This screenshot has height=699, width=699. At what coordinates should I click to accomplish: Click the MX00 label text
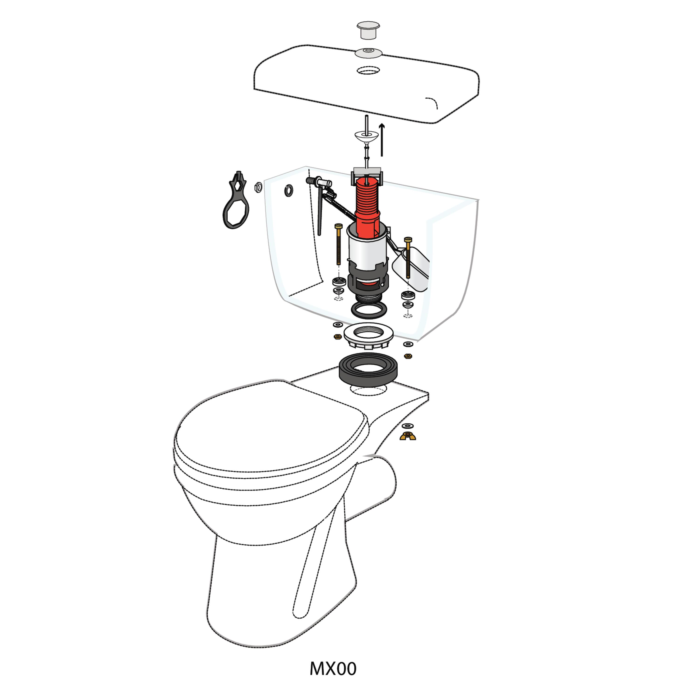[333, 669]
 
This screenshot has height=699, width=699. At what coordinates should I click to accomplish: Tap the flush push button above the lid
[368, 30]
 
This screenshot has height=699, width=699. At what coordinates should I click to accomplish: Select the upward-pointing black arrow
[382, 140]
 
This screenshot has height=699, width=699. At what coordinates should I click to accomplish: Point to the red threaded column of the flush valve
[367, 206]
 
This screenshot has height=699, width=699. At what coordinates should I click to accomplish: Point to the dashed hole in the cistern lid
[368, 70]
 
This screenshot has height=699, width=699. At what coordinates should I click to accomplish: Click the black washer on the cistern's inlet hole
[289, 190]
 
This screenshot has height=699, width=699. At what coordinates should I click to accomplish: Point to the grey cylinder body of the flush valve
[367, 250]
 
